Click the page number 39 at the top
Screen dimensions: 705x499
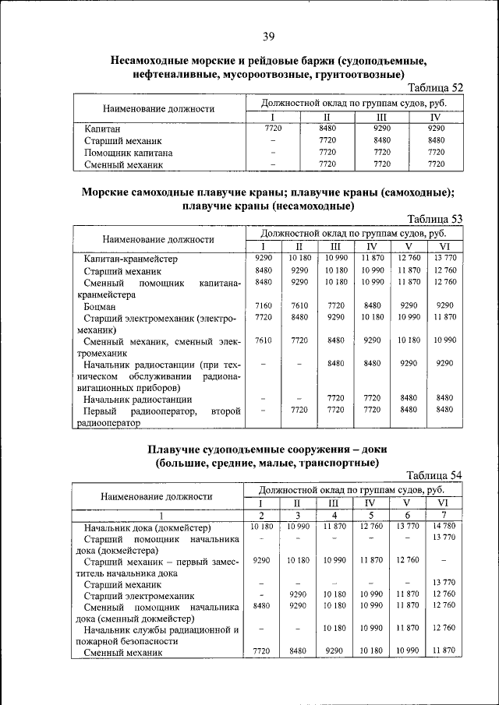pos(268,37)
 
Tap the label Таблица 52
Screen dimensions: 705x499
pos(434,88)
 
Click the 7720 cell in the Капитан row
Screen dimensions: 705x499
pos(273,128)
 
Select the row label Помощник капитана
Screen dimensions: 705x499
pos(128,153)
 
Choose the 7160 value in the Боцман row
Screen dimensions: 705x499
pos(263,306)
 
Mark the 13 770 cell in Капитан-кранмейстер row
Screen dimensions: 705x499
pos(444,258)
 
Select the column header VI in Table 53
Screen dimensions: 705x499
pos(444,247)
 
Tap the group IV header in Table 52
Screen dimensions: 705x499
pos(436,117)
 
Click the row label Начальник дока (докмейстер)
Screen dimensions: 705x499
pos(147,527)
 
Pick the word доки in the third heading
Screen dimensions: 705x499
pos(371,450)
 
